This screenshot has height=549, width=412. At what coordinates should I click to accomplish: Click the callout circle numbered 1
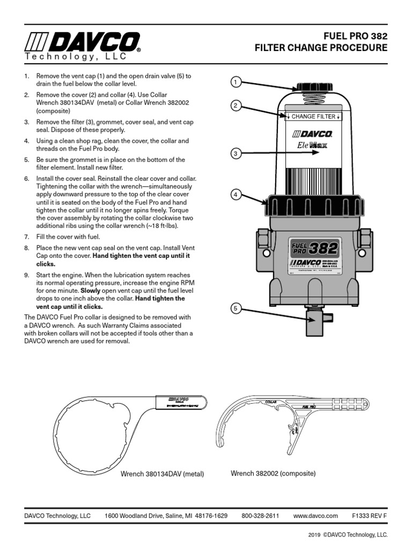(x=235, y=82)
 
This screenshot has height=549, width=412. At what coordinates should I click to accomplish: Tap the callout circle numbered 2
(x=235, y=106)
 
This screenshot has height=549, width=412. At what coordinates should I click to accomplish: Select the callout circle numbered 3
(x=235, y=154)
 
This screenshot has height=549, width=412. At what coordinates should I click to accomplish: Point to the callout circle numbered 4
(x=235, y=195)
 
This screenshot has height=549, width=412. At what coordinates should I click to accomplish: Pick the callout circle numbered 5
(x=235, y=308)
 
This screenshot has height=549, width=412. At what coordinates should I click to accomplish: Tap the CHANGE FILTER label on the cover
(x=313, y=116)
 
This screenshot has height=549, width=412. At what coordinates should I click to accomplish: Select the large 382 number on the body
(x=323, y=248)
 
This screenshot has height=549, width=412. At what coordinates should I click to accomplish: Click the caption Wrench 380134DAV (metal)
(x=162, y=474)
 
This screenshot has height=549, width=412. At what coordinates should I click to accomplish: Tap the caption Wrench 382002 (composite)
(x=273, y=473)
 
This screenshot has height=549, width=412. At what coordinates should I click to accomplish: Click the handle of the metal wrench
(x=180, y=403)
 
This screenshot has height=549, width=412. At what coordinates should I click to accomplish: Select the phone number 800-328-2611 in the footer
(x=260, y=516)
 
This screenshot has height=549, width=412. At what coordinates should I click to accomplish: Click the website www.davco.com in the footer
(x=315, y=516)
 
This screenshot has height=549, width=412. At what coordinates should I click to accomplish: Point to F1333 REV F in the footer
(x=369, y=516)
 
